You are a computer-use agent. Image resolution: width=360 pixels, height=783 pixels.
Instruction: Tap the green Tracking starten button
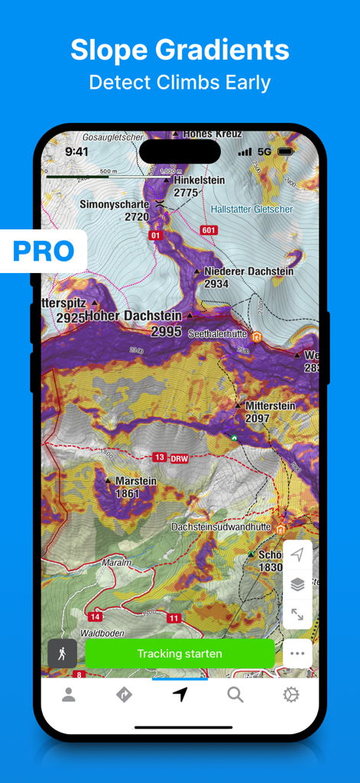click(x=180, y=654)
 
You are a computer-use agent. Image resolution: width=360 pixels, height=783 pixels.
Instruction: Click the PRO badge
click(x=43, y=251)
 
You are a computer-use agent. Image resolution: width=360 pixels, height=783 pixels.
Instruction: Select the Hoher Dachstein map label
click(x=134, y=316)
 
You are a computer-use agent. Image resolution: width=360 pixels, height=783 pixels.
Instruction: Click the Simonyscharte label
click(x=115, y=205)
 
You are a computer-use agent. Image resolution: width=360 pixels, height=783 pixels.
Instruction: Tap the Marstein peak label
click(x=135, y=482)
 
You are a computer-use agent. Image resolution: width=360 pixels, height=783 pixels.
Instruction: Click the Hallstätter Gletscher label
click(x=251, y=209)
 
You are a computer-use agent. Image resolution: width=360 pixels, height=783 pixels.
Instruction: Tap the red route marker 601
click(x=209, y=230)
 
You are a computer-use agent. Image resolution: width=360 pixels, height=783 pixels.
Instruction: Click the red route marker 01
click(x=157, y=236)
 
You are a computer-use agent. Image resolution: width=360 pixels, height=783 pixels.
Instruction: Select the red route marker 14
click(x=95, y=616)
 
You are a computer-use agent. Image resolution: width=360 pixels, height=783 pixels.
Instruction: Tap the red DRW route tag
click(x=178, y=457)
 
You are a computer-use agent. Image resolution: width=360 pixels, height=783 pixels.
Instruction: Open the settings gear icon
click(x=290, y=694)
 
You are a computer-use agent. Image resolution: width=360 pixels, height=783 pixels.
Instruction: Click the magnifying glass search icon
click(x=235, y=694)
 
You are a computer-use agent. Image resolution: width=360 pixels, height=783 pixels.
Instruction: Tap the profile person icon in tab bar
click(x=69, y=694)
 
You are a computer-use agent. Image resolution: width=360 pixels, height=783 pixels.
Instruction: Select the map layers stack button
click(x=297, y=584)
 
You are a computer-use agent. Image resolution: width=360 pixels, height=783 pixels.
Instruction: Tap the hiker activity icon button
click(x=62, y=654)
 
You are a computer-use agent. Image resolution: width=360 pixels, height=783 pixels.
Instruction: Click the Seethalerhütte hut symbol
click(x=257, y=336)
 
